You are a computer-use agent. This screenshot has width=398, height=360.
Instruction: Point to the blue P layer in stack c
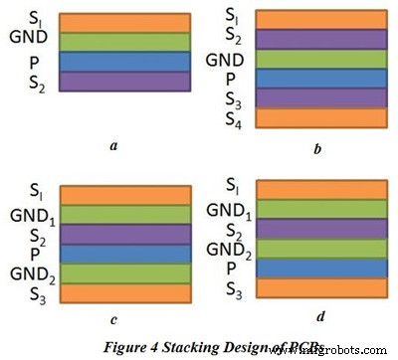(x=124, y=254)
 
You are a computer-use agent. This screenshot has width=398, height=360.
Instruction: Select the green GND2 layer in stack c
(x=124, y=273)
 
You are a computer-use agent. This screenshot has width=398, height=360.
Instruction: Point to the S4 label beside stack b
(x=235, y=121)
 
